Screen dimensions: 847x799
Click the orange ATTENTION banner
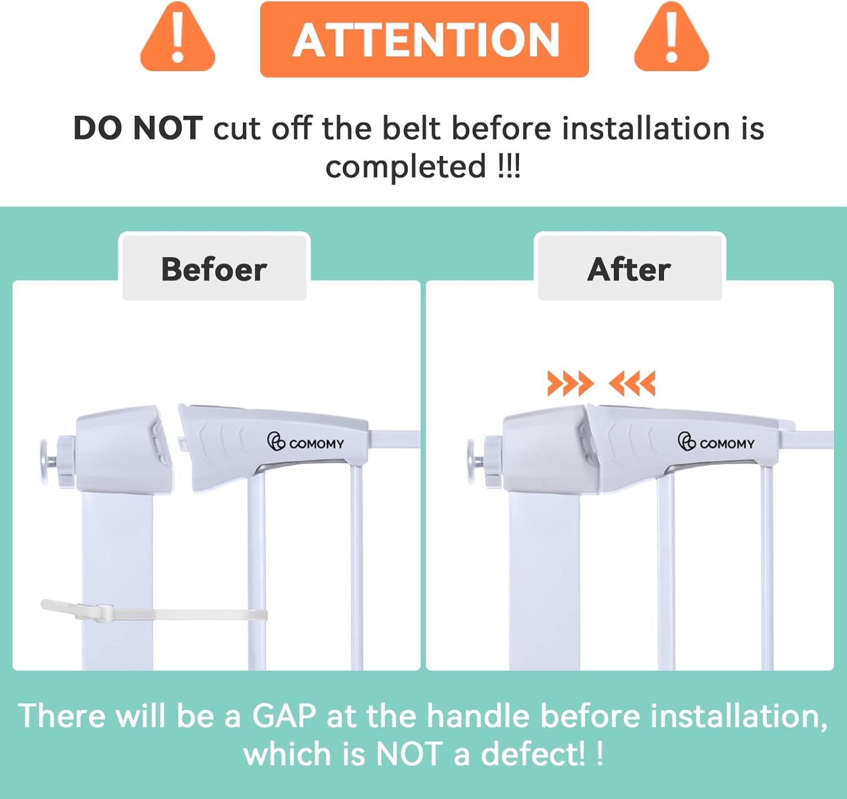point(425,40)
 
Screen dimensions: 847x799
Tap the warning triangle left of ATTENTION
point(177,37)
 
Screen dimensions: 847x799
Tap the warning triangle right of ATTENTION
point(671,37)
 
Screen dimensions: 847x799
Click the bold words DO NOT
point(138,128)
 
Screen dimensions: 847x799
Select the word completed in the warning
point(405,167)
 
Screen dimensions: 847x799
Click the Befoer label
point(214,269)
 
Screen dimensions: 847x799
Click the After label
point(629,269)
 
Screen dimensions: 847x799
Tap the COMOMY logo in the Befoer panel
point(305,442)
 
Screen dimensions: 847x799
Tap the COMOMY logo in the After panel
point(716,442)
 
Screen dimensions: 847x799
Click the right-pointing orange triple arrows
point(571,383)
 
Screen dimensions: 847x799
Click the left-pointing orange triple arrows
point(632,383)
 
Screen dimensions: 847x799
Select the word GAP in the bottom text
point(284,716)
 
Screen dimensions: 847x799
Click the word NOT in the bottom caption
point(409,754)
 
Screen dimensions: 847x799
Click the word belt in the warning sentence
point(411,128)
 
